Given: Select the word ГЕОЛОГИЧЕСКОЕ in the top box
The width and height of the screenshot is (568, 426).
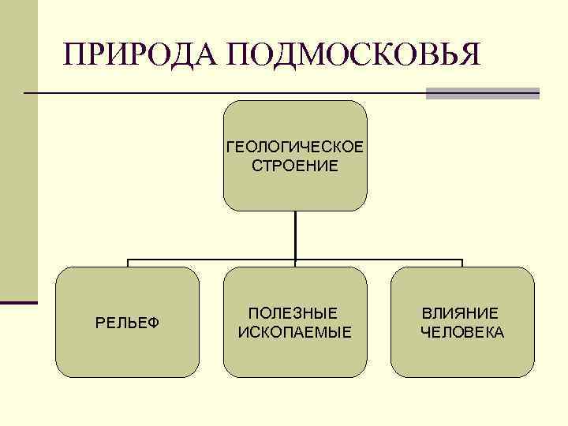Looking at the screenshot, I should [x=294, y=148].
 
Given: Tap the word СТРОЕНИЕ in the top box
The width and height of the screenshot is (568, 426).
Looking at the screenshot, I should [x=294, y=166].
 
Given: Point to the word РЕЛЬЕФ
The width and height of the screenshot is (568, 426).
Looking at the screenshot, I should [x=127, y=323].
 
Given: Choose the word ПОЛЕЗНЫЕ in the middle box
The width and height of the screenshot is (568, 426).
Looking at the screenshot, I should [x=293, y=313].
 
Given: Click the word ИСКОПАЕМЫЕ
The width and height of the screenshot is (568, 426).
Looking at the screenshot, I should [x=294, y=331].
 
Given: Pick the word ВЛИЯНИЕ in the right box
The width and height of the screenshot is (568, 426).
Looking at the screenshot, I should [x=460, y=313].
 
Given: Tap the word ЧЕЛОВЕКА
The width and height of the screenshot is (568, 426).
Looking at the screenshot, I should [x=462, y=332].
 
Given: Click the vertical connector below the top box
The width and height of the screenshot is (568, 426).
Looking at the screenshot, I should [x=295, y=234].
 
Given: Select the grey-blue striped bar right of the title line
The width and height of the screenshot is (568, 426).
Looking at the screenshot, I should [x=482, y=93].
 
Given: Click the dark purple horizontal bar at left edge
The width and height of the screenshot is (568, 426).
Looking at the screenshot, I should [x=19, y=301].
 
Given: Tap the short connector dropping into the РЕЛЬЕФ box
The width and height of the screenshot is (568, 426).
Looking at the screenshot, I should [x=128, y=263].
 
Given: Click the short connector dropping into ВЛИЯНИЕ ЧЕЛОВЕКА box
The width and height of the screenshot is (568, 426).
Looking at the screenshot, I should [x=462, y=263].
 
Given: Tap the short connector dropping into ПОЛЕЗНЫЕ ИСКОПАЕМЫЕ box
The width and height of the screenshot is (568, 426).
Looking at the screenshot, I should [x=295, y=263].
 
